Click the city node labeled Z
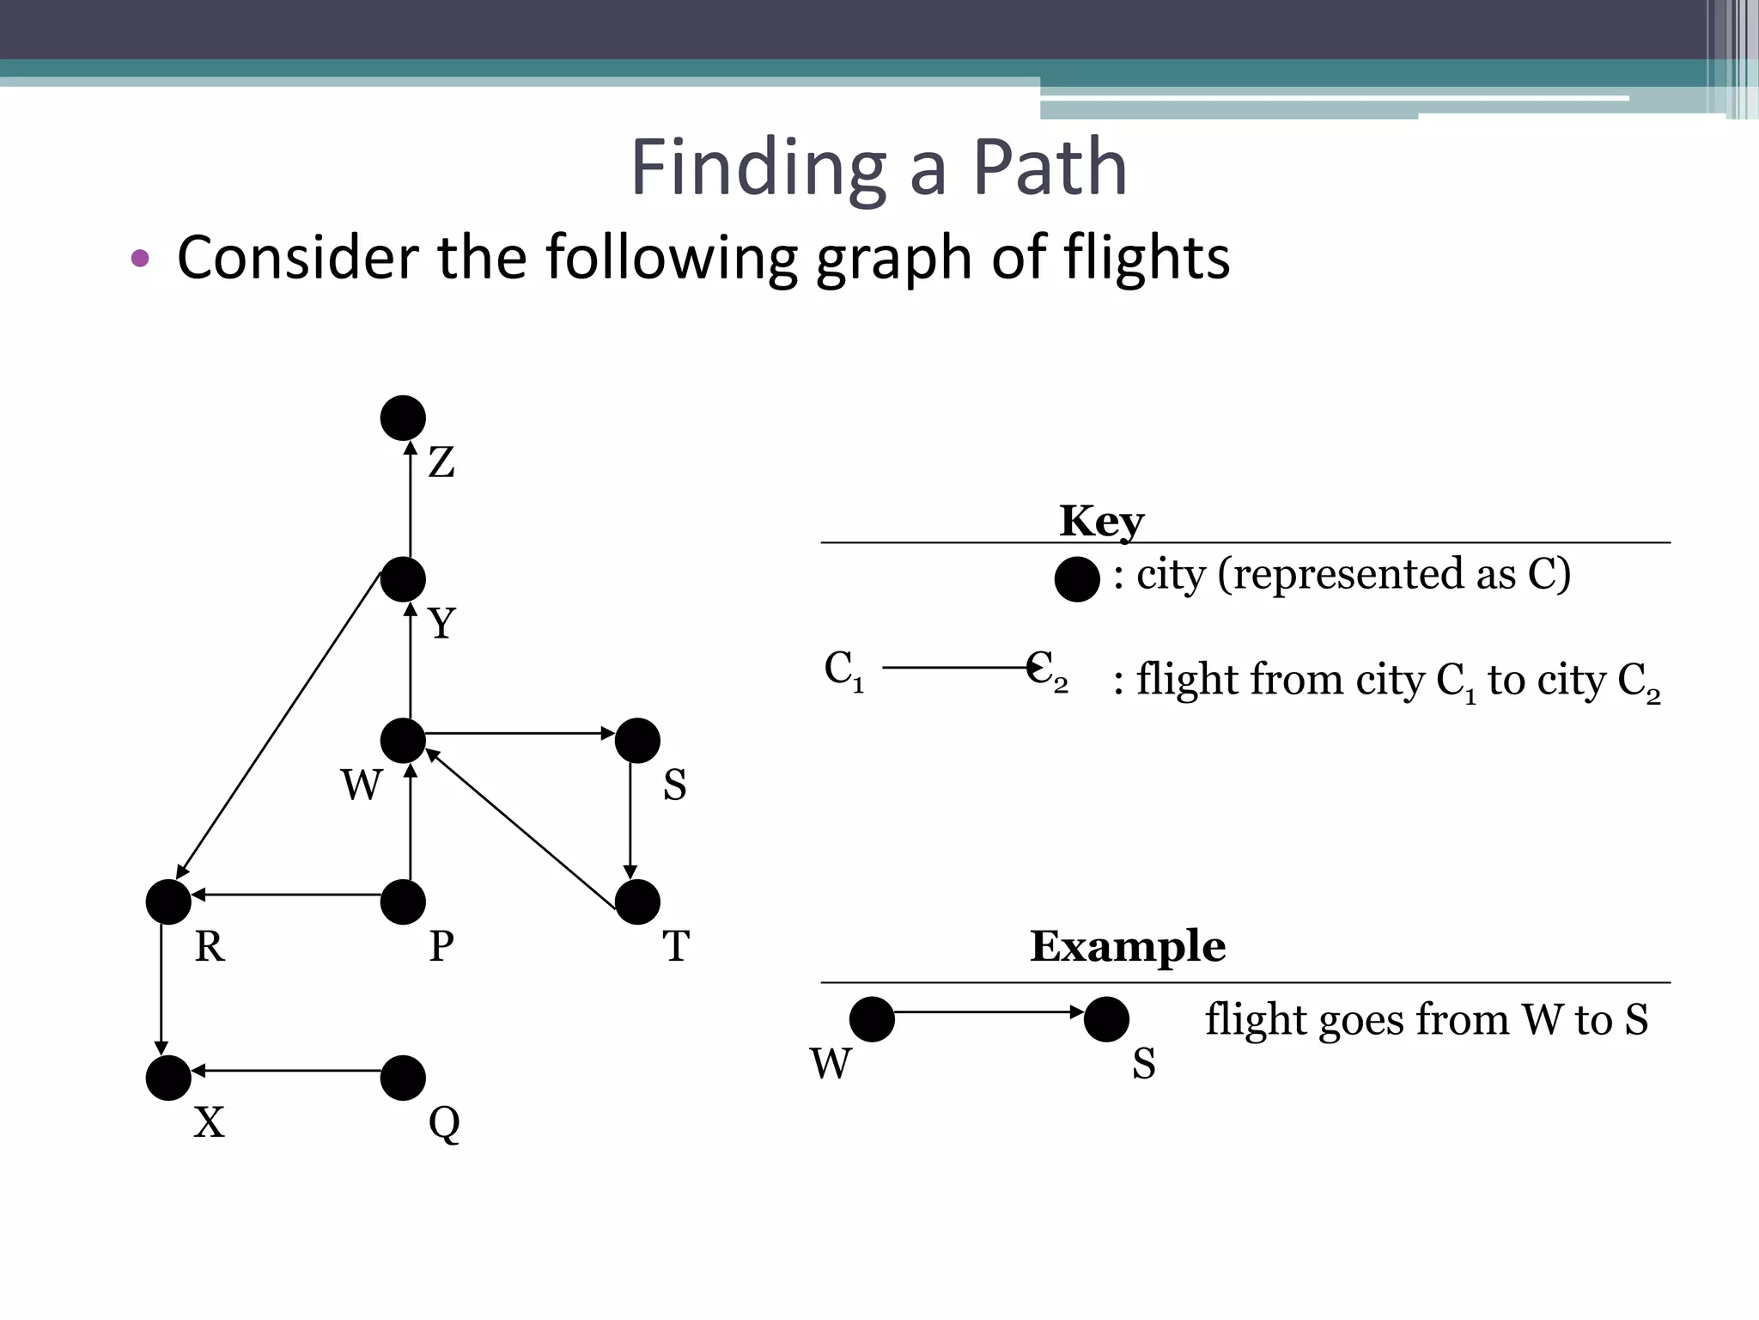[x=403, y=419]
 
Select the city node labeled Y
[x=403, y=579]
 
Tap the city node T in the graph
[x=637, y=901]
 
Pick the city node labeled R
[x=168, y=901]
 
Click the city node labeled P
[x=403, y=901]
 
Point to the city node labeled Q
[x=403, y=1078]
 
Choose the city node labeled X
[x=168, y=1078]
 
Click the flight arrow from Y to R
[x=279, y=726]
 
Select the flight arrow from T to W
[x=521, y=828]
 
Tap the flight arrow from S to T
[x=630, y=821]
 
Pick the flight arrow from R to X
[x=161, y=988]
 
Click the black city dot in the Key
[x=1077, y=578]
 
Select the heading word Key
[x=1101, y=521]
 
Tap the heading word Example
[x=1127, y=946]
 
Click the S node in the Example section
[x=1106, y=1019]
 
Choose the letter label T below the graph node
[x=676, y=946]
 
